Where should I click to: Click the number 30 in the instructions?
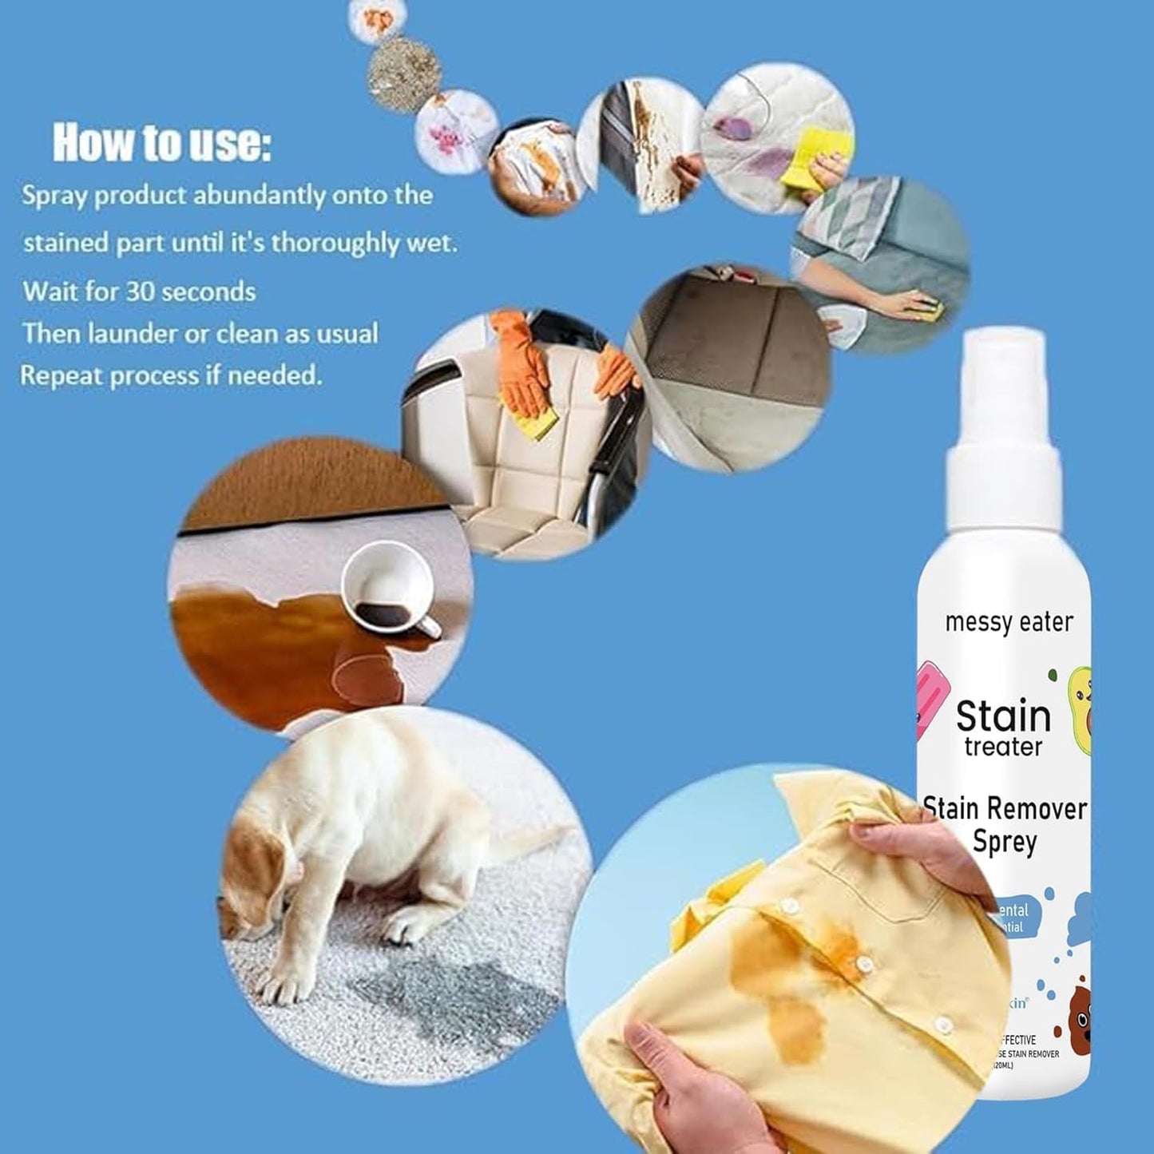(x=140, y=291)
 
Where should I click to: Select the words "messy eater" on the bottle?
(x=1009, y=622)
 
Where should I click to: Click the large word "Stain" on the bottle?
(x=1003, y=716)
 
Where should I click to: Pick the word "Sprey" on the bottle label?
(x=1005, y=843)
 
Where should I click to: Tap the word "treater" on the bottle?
(x=1003, y=748)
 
